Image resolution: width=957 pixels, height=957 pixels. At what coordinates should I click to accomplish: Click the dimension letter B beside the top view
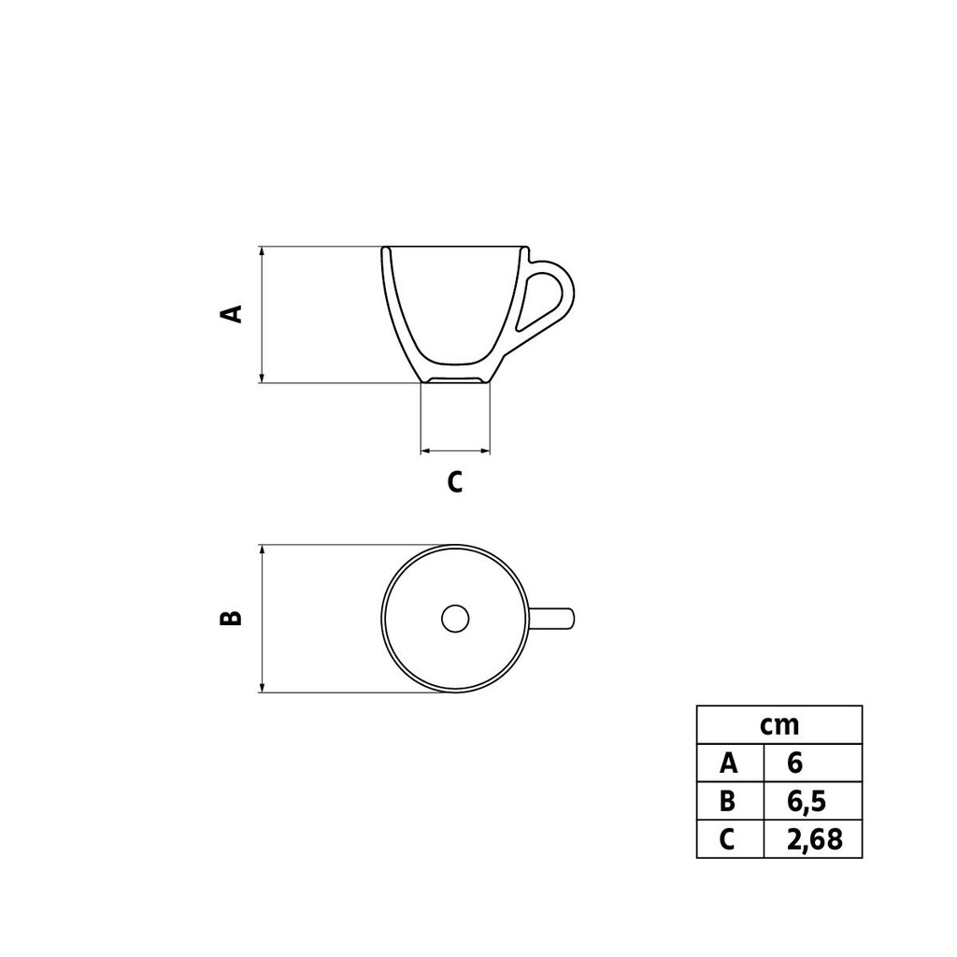click(x=231, y=618)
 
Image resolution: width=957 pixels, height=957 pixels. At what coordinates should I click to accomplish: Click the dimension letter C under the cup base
click(x=454, y=482)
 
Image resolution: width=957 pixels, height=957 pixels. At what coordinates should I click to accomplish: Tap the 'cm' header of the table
click(x=778, y=725)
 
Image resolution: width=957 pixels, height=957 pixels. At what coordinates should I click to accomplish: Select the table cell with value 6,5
click(x=811, y=801)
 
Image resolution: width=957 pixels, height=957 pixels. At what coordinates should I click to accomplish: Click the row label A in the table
click(x=729, y=763)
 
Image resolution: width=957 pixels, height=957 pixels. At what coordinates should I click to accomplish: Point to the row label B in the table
click(x=729, y=801)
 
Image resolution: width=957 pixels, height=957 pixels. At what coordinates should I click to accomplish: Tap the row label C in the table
click(x=729, y=839)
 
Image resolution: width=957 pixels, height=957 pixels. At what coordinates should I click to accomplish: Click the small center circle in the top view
click(x=455, y=618)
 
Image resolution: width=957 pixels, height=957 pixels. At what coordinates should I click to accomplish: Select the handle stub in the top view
click(x=553, y=618)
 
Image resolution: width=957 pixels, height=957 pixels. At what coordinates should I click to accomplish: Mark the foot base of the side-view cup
click(x=455, y=378)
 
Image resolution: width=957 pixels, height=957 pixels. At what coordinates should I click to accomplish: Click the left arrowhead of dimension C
click(x=426, y=450)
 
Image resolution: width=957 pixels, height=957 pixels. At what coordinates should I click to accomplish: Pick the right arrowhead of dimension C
click(x=485, y=450)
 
